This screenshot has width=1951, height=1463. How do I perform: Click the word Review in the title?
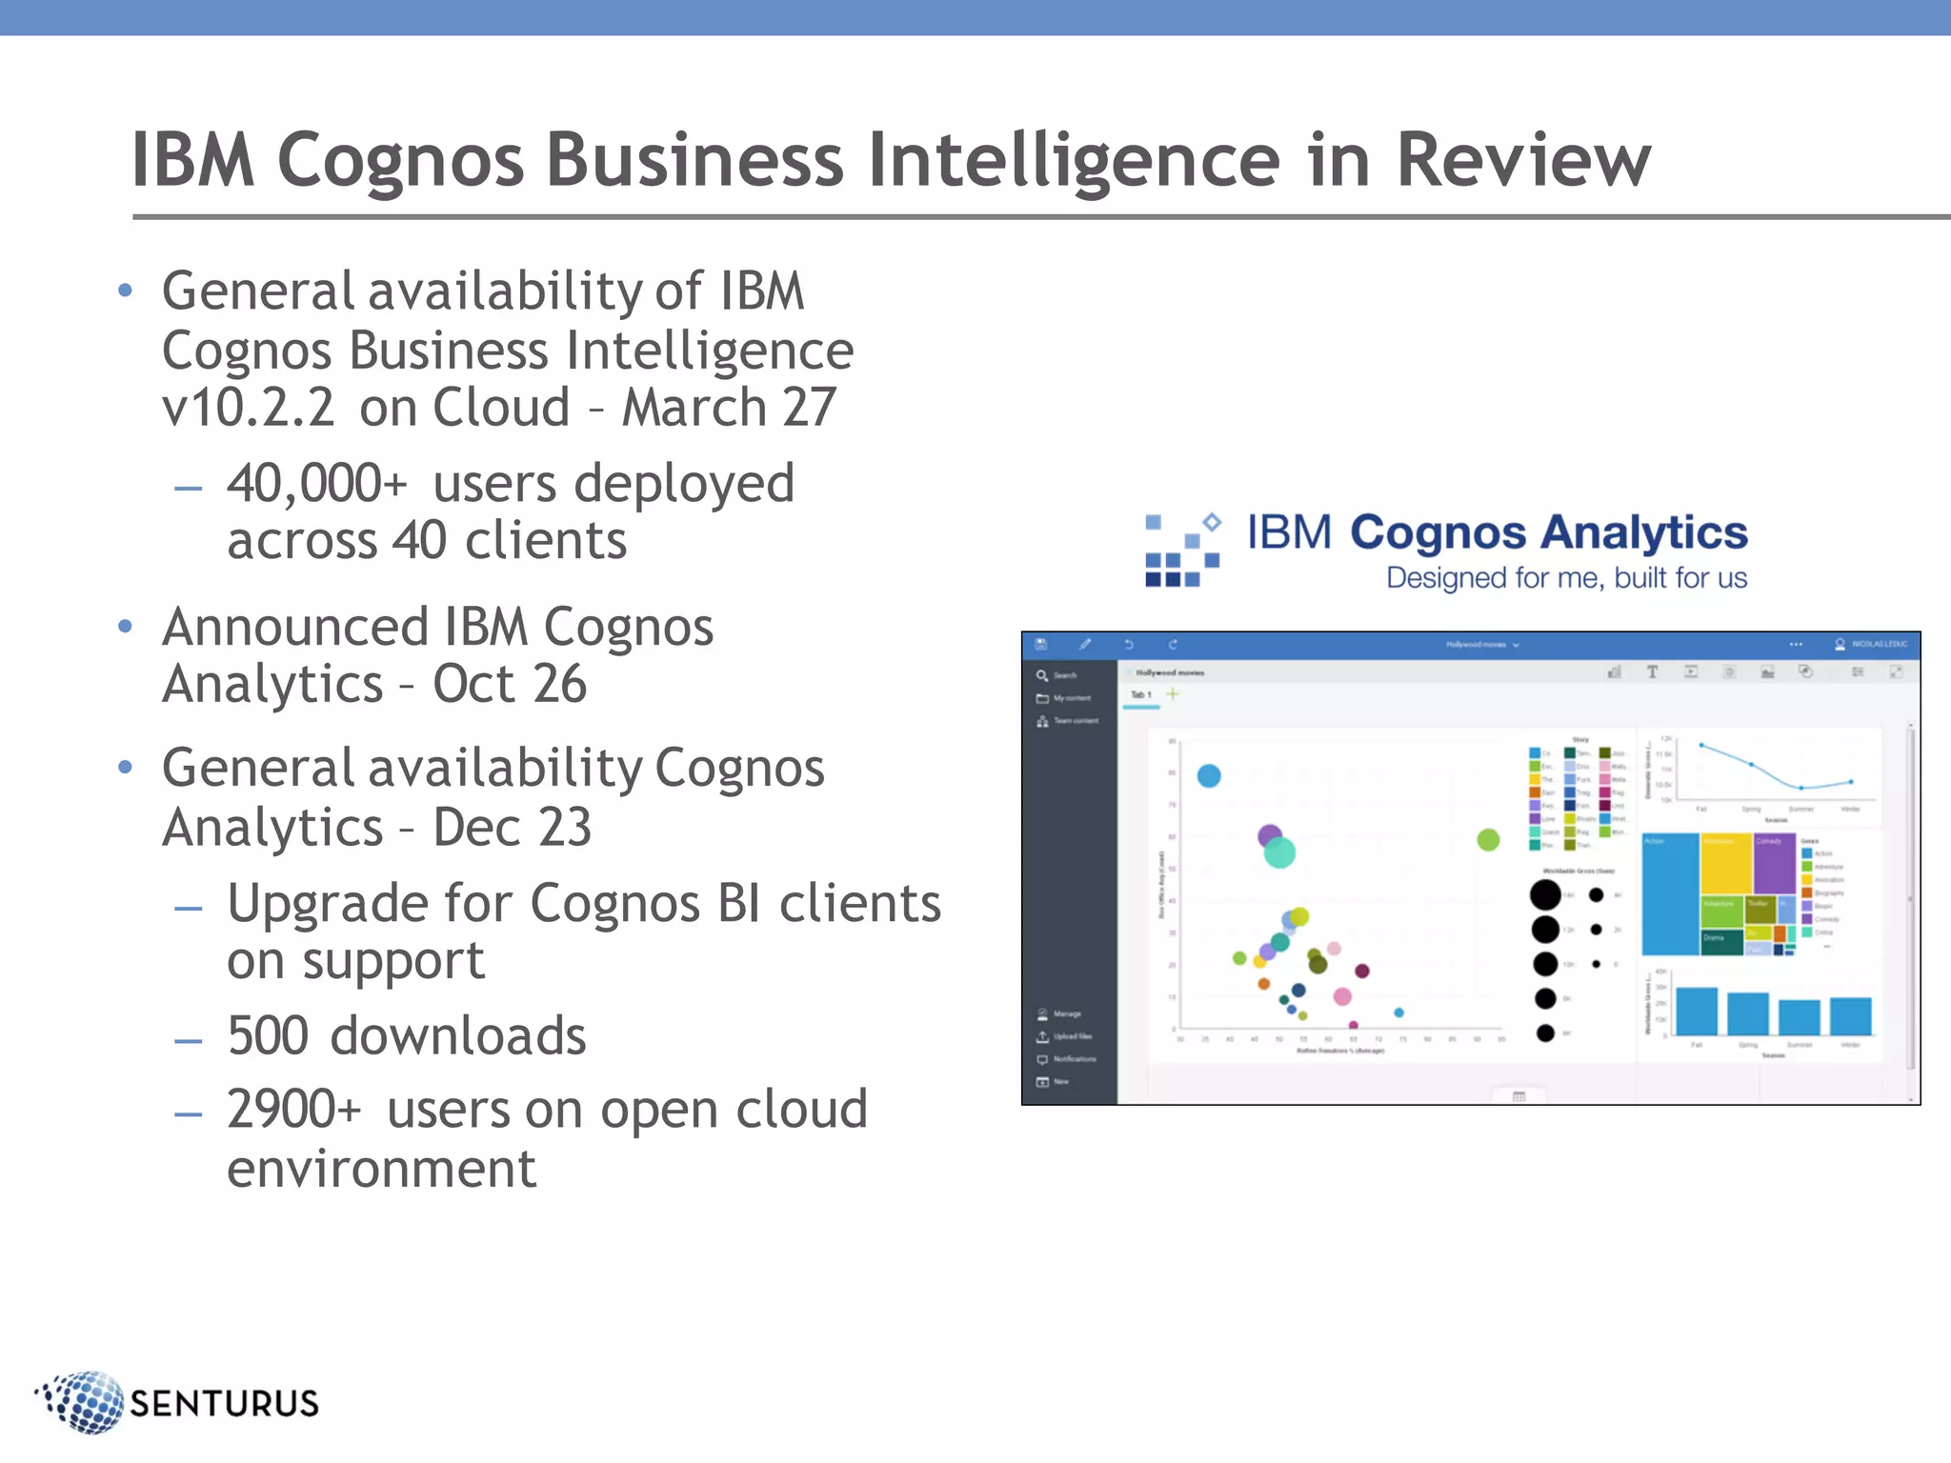(1521, 160)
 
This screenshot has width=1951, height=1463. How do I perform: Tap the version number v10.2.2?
(248, 408)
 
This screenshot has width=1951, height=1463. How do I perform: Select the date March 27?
(729, 408)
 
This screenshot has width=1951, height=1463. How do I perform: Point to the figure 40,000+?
(317, 483)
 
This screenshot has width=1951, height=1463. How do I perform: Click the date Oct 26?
(509, 684)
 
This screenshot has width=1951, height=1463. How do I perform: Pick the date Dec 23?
(512, 827)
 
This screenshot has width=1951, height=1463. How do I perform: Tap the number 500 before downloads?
(268, 1035)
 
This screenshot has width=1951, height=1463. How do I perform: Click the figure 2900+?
(293, 1110)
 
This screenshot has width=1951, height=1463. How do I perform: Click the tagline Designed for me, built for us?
(1565, 578)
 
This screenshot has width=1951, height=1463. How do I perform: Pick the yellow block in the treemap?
(1725, 863)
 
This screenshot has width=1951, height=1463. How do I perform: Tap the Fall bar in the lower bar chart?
(1696, 1011)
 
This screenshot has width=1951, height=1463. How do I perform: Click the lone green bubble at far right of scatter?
(1488, 839)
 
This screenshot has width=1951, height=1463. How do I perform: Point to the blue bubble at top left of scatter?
(1208, 775)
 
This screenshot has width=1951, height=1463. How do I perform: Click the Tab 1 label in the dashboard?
(1140, 694)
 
